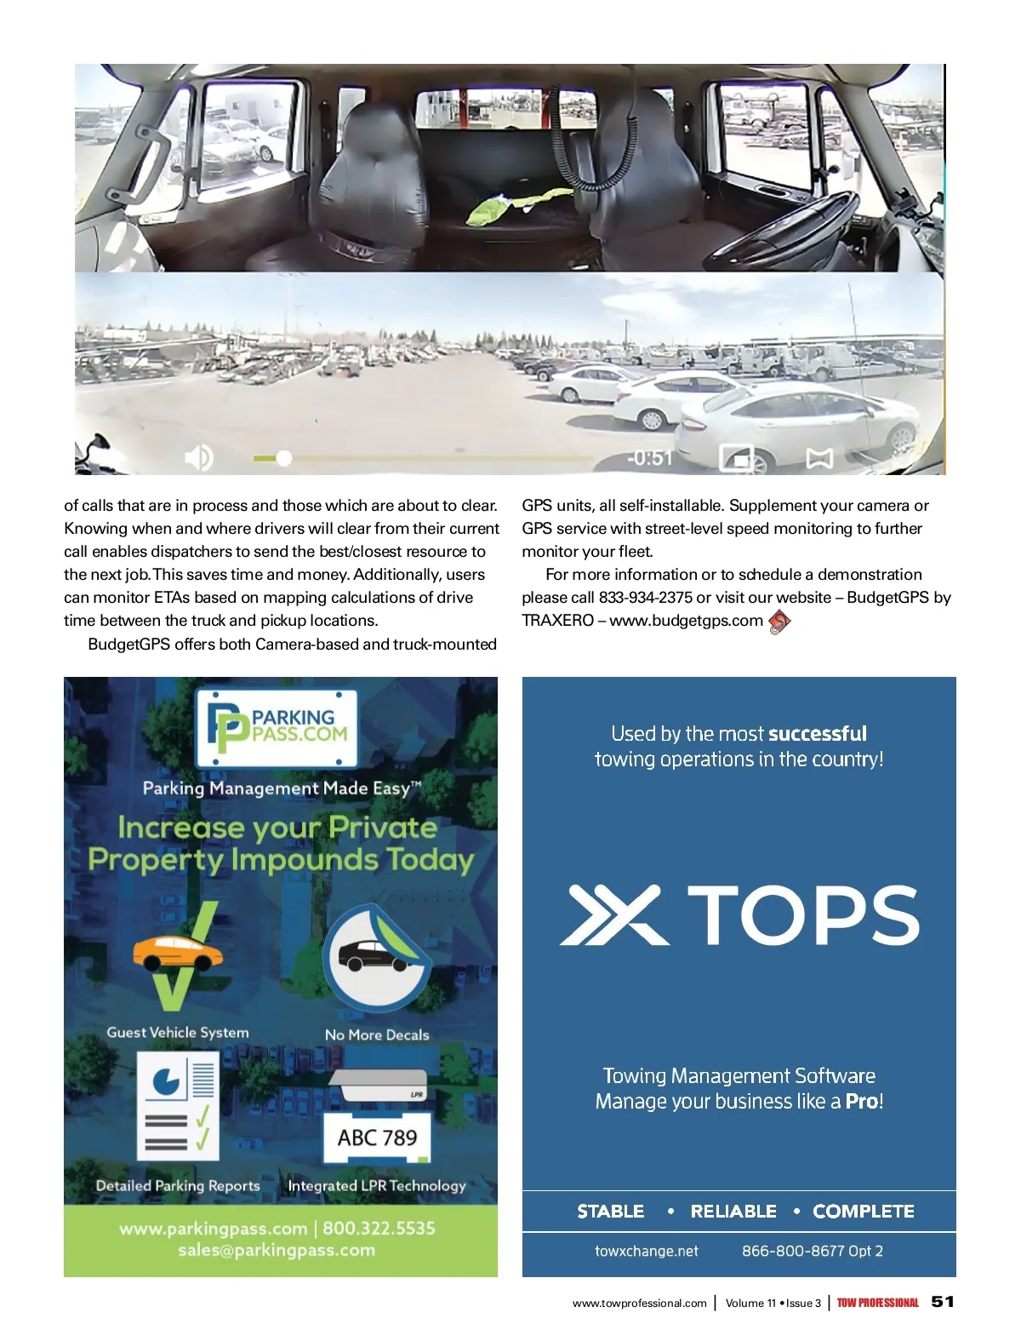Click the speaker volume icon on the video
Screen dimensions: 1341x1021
pyautogui.click(x=198, y=458)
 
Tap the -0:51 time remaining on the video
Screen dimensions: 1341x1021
pyautogui.click(x=649, y=458)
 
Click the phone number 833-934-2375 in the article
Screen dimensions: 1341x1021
pyautogui.click(x=646, y=598)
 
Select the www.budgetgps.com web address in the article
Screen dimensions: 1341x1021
pyautogui.click(x=686, y=621)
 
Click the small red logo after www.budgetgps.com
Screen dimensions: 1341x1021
pyautogui.click(x=779, y=622)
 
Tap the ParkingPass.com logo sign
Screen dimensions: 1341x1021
pyautogui.click(x=277, y=728)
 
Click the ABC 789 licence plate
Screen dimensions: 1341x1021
pyautogui.click(x=377, y=1138)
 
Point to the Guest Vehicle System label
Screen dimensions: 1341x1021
pyautogui.click(x=178, y=1033)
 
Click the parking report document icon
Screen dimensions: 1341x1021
pyautogui.click(x=178, y=1105)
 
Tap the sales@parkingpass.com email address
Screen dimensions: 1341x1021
pyautogui.click(x=277, y=1251)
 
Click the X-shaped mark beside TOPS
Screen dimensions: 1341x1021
pyautogui.click(x=613, y=915)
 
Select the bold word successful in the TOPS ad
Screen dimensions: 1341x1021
pyautogui.click(x=818, y=734)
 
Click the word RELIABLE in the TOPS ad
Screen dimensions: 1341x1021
pyautogui.click(x=733, y=1212)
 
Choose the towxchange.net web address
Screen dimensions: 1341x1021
pyautogui.click(x=647, y=1252)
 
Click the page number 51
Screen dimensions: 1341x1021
pyautogui.click(x=943, y=1302)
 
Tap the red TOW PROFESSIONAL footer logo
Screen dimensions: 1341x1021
pyautogui.click(x=877, y=1303)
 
